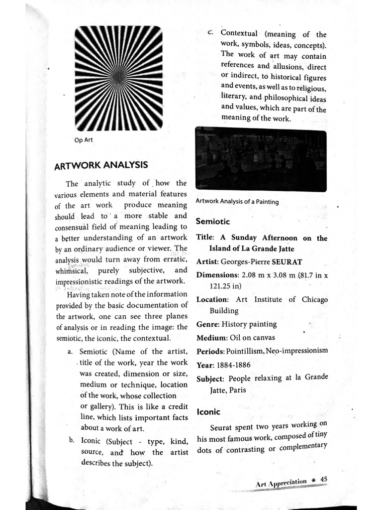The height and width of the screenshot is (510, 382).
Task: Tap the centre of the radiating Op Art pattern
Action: pos(119,78)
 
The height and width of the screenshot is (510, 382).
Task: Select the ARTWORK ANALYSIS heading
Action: pos(100,164)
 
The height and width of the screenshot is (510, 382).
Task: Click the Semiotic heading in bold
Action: pos(212,221)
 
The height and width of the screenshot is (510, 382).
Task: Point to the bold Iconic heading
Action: pos(208,412)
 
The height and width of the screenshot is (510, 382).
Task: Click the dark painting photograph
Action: pos(261,159)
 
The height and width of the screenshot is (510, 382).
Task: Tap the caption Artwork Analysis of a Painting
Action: pos(237,201)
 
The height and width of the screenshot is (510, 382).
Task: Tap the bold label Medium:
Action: pos(211,338)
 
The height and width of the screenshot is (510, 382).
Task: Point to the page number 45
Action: pos(324,479)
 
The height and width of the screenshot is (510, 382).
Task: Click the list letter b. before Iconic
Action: pos(72,441)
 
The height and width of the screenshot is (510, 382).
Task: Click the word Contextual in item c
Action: pos(239,34)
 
